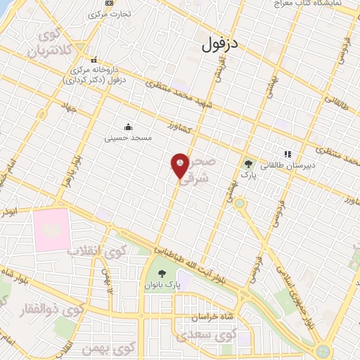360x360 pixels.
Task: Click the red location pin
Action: point(180,167)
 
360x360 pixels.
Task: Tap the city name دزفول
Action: point(219,44)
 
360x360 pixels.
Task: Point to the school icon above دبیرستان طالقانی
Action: point(287,155)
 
